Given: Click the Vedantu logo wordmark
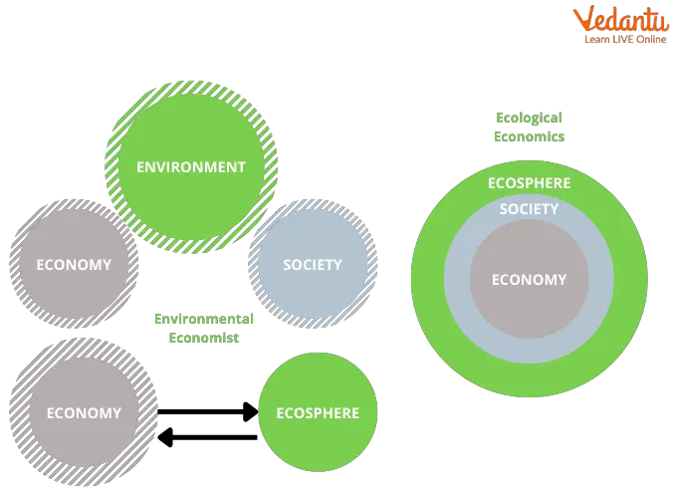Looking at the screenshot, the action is [621, 19].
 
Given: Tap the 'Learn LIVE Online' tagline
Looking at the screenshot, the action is [625, 39].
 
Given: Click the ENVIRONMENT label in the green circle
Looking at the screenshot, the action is [191, 167].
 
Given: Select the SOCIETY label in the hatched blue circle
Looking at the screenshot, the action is [313, 265].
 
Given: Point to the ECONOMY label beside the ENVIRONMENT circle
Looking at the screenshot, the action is [74, 265].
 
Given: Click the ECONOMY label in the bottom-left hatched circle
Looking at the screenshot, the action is [84, 413].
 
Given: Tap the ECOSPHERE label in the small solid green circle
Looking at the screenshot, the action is [318, 413].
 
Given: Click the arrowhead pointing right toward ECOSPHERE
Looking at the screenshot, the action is [251, 411].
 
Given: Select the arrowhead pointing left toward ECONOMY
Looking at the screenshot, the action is [165, 437].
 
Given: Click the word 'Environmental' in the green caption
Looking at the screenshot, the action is [204, 319].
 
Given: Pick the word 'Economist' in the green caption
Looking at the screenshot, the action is [204, 338].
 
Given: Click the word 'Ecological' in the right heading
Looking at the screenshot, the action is [529, 118].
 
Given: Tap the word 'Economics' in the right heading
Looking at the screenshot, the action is [529, 136].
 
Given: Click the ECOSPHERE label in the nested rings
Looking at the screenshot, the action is [529, 183].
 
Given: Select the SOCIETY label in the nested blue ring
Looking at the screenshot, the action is [529, 209].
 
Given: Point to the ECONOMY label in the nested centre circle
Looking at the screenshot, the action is [529, 280].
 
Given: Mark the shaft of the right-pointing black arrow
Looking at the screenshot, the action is [200, 412].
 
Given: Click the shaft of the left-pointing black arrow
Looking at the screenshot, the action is [215, 437].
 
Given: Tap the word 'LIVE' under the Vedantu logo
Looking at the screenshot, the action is [622, 39].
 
